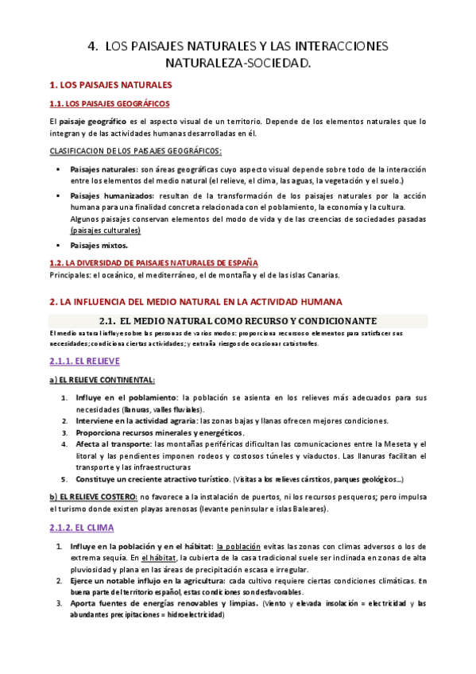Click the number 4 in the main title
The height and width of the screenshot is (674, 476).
coord(91,47)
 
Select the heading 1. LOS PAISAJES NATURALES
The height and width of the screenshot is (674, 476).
coord(110,84)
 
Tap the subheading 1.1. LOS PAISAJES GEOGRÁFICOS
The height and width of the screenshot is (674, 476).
coord(109,103)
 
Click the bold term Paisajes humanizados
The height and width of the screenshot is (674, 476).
coord(112,195)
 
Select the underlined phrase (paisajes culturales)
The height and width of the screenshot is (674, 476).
coord(106,230)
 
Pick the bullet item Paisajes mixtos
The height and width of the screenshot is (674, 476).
coord(99,246)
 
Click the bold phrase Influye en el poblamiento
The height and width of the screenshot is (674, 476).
coord(126,397)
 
